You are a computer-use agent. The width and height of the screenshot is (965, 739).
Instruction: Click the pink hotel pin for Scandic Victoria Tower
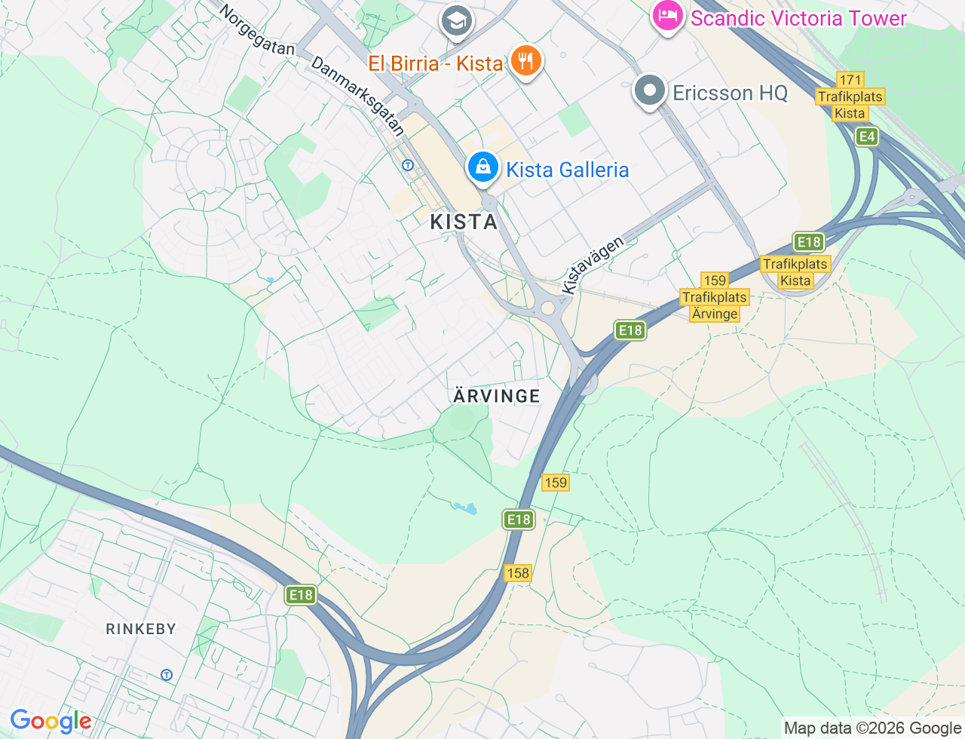[x=667, y=17]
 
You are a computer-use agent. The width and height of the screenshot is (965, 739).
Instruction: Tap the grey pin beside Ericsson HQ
[x=649, y=91]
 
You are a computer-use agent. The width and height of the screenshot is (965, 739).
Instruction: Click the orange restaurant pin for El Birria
[x=526, y=61]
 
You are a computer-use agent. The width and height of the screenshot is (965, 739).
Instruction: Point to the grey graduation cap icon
[x=457, y=21]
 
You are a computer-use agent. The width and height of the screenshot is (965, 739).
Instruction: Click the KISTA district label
[x=464, y=222]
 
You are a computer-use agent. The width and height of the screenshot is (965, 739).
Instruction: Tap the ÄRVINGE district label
[x=497, y=396]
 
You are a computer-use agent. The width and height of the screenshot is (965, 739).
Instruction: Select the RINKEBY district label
[x=141, y=629]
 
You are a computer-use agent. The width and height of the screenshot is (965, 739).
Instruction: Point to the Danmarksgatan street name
[x=358, y=96]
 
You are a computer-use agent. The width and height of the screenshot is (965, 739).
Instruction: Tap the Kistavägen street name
[x=593, y=265]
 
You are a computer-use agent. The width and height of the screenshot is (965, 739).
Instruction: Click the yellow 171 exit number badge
[x=850, y=80]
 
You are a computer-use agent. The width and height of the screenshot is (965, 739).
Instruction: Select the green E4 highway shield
[x=867, y=136]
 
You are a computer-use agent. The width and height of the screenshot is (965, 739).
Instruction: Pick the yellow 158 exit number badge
[x=518, y=573]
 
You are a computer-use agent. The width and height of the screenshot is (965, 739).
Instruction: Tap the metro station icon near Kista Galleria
[x=408, y=165]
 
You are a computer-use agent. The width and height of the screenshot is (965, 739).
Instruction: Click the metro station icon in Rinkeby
[x=167, y=675]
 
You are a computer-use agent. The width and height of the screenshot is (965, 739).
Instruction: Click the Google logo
[x=51, y=722]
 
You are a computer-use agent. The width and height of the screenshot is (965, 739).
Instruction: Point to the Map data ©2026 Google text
[x=872, y=728]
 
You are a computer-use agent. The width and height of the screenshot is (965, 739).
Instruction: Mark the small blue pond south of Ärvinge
[x=467, y=508]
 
